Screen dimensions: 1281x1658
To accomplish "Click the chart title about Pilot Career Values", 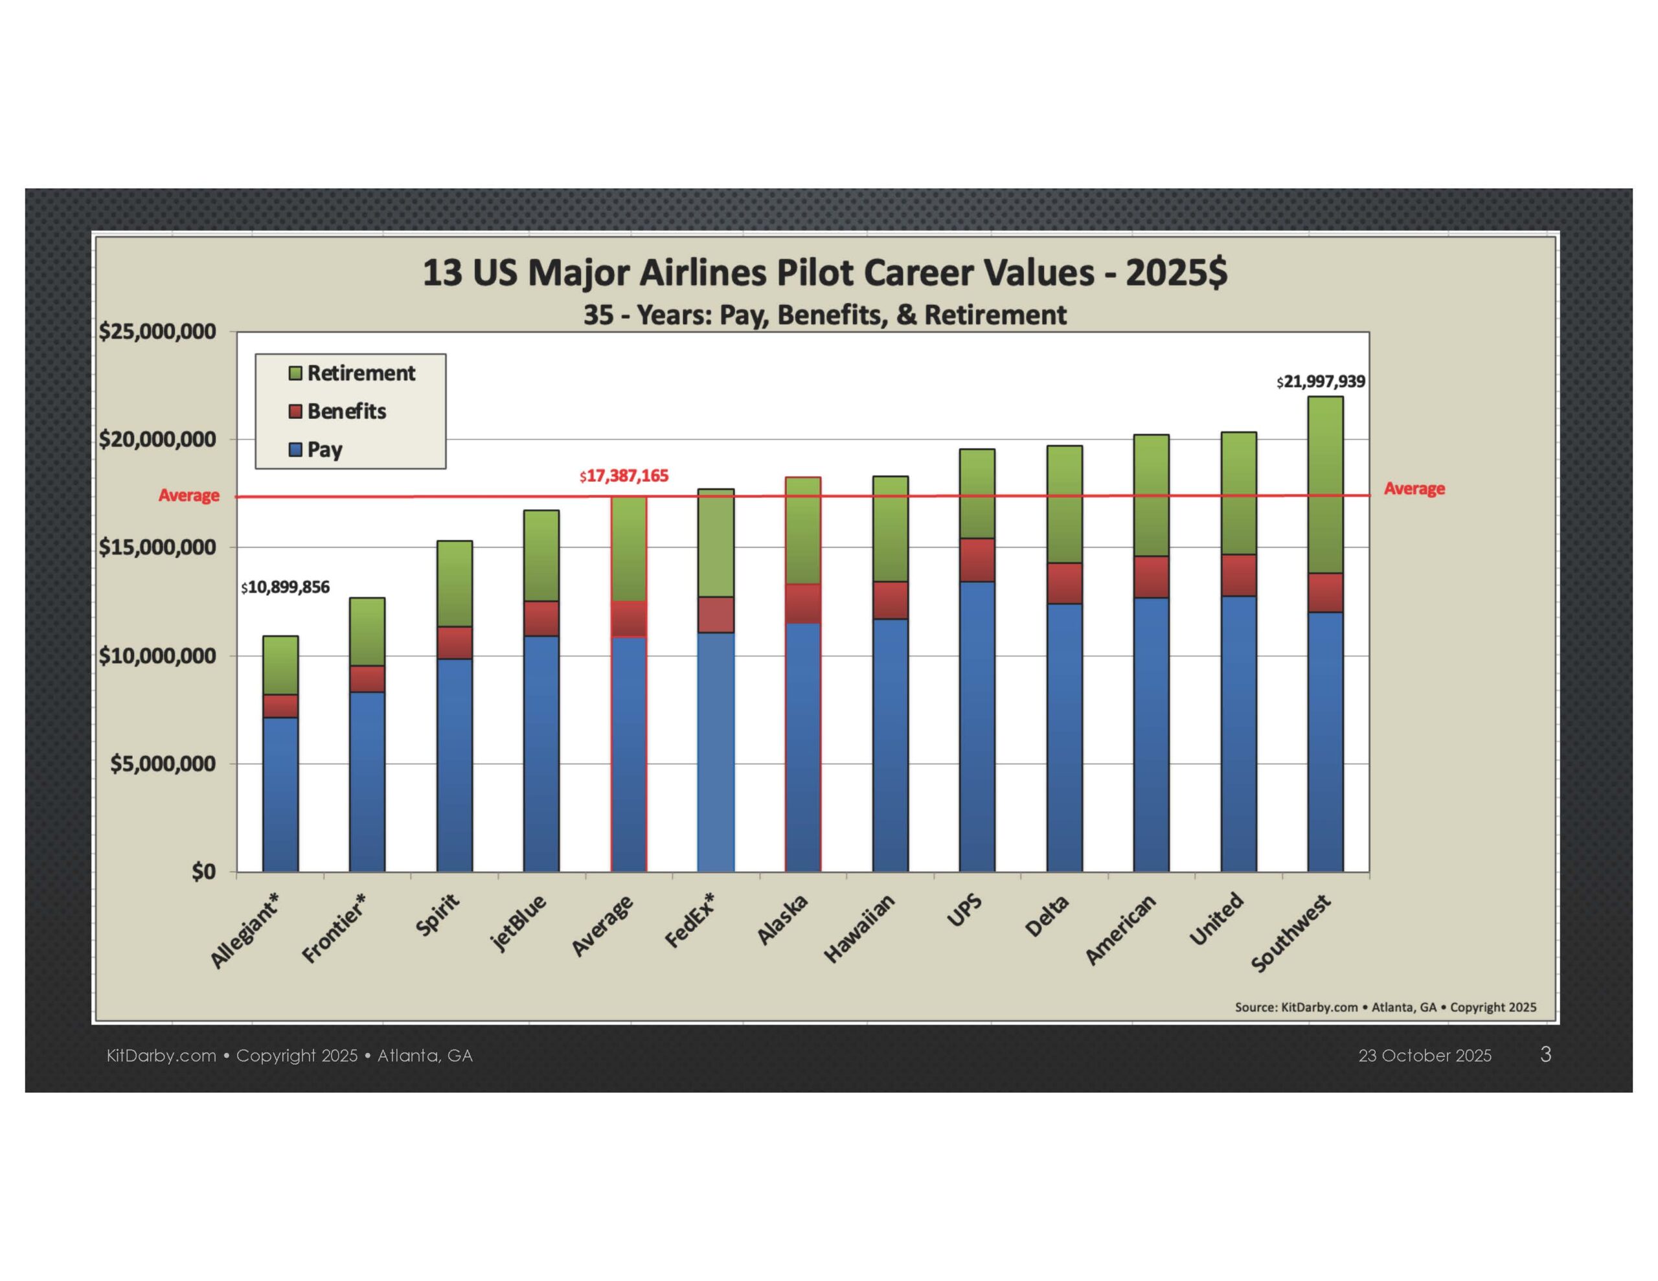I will pyautogui.click(x=824, y=273).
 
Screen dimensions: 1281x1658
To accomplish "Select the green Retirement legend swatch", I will pyautogui.click(x=295, y=373).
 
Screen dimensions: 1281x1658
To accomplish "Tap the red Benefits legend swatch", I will pyautogui.click(x=295, y=411).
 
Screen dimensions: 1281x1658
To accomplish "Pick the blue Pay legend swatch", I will pyautogui.click(x=295, y=449).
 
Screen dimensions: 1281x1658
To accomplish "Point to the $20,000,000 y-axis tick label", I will pyautogui.click(x=157, y=440).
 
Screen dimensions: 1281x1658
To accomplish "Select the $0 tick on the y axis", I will pyautogui.click(x=203, y=872).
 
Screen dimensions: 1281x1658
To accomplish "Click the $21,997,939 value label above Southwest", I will pyautogui.click(x=1320, y=381).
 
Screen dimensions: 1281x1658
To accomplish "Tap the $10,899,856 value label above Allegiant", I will pyautogui.click(x=286, y=587).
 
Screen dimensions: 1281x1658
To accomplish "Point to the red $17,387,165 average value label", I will pyautogui.click(x=624, y=476).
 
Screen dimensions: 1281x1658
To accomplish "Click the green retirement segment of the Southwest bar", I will pyautogui.click(x=1324, y=484).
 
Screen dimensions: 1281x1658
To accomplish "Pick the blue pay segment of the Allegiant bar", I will pyautogui.click(x=280, y=793).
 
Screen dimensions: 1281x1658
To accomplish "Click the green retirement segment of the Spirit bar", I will pyautogui.click(x=454, y=583).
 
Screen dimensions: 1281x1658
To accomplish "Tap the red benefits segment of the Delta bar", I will pyautogui.click(x=1064, y=583).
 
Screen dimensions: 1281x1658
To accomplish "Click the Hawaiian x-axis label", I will pyautogui.click(x=860, y=929).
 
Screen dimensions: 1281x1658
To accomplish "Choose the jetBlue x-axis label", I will pyautogui.click(x=519, y=922).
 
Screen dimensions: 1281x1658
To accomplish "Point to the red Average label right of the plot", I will pyautogui.click(x=1414, y=488).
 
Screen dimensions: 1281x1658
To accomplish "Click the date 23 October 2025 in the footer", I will pyautogui.click(x=1424, y=1056).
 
